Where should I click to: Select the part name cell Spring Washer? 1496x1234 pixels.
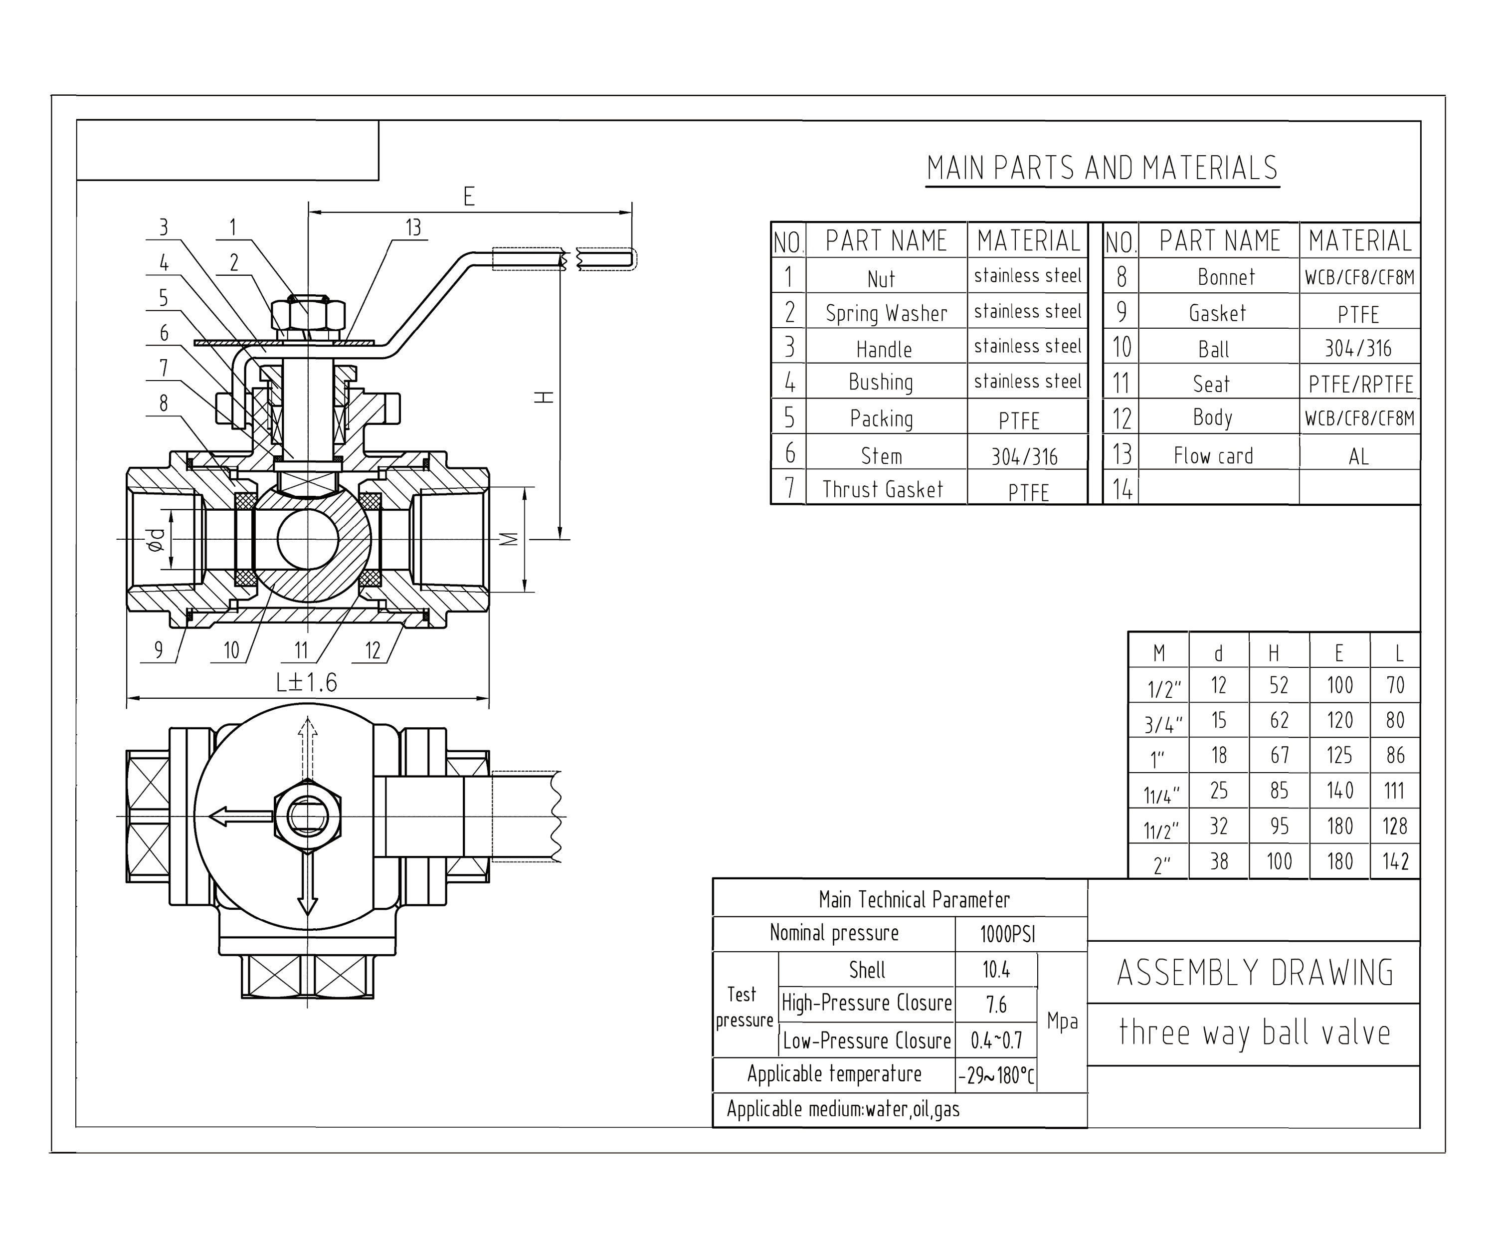pos(886,313)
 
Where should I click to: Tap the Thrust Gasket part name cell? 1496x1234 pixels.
pos(883,489)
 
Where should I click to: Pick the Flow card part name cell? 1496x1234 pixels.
pos(1213,455)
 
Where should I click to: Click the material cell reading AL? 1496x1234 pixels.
pos(1358,455)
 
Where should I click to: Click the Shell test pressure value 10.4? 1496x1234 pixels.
pos(996,970)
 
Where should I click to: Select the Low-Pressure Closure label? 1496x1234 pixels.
pos(866,1040)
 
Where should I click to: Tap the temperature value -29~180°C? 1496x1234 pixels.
pos(996,1075)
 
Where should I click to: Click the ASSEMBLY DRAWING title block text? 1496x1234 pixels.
pos(1254,973)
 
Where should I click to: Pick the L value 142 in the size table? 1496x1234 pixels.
pos(1394,861)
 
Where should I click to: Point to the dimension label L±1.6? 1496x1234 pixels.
pos(306,682)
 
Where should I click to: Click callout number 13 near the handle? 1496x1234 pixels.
pos(413,227)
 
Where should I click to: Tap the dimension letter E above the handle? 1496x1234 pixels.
pos(468,196)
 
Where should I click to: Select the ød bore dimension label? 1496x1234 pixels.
pos(156,540)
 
